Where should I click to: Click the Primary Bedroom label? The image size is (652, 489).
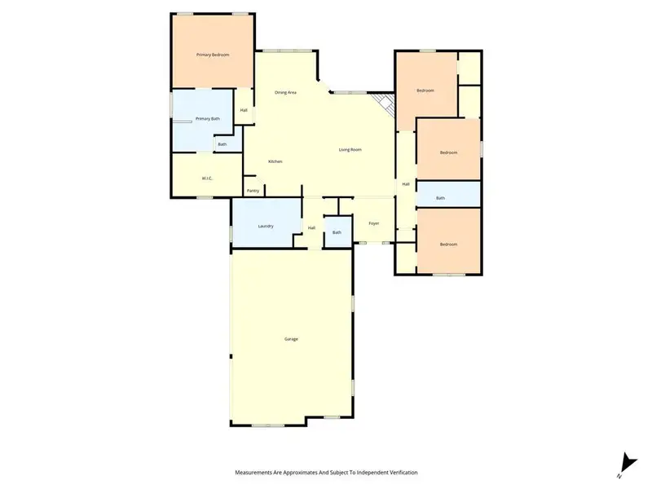tap(213, 55)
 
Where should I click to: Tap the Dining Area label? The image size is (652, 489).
tap(285, 92)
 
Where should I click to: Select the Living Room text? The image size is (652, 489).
tap(350, 150)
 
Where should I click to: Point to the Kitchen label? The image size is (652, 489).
tap(275, 161)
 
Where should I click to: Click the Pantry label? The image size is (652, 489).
tap(253, 191)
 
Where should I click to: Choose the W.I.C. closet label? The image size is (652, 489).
tap(207, 178)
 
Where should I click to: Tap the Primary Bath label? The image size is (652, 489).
tap(207, 119)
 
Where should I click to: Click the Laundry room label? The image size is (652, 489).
tap(265, 226)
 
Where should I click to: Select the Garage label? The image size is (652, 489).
tap(291, 339)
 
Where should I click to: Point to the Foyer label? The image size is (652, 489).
tap(374, 223)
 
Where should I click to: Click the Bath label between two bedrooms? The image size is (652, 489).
tap(440, 198)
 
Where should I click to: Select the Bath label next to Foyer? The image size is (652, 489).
tap(337, 232)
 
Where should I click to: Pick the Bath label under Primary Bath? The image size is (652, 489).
tap(222, 145)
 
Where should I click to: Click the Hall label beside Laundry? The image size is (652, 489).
tap(311, 228)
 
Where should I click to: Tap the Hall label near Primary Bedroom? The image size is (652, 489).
tap(243, 110)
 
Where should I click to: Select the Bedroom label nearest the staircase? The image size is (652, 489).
tap(425, 90)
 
